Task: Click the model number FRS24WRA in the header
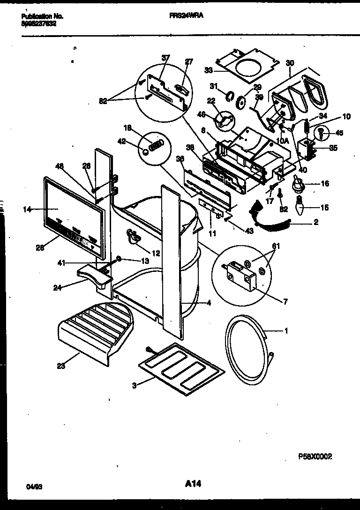coord(186,15)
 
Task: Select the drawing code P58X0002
coord(315,456)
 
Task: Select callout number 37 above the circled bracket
coord(165,58)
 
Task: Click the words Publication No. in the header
coord(42,16)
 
